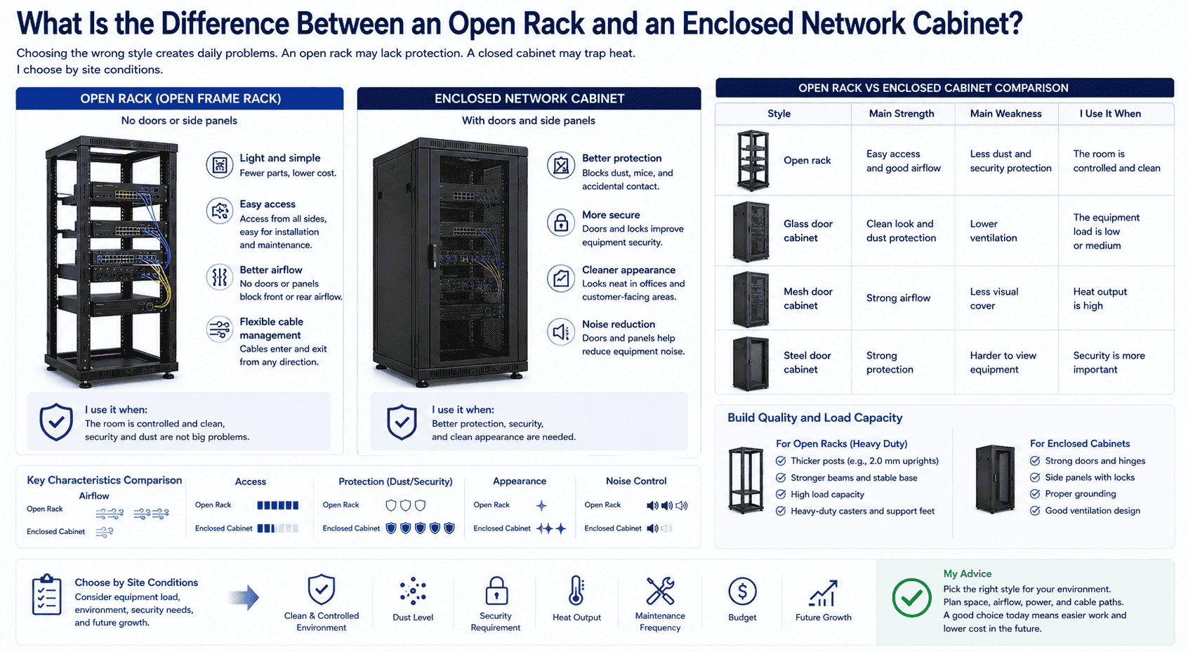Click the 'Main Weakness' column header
coord(1005,114)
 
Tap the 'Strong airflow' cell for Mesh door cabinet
coord(898,298)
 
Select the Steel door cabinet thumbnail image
coord(751,364)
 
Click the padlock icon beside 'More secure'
coord(560,223)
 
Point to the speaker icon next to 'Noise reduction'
coord(560,332)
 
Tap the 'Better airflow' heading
coord(271,270)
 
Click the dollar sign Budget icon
coord(742,591)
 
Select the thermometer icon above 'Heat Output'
coord(576,590)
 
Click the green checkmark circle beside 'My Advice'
coord(911,598)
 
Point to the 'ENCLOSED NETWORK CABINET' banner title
coord(529,98)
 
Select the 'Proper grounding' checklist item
coord(1079,493)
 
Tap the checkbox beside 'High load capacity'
coord(781,494)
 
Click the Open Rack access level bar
coord(278,505)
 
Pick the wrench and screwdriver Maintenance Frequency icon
coord(660,590)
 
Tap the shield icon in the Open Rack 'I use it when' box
coord(56,422)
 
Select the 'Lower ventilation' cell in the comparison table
coord(994,231)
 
